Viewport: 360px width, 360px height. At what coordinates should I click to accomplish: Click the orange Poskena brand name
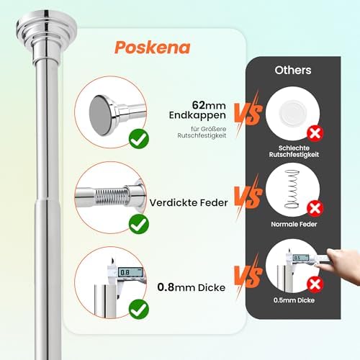pyautogui.click(x=153, y=48)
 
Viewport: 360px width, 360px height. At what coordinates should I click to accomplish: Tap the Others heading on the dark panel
pyautogui.click(x=293, y=70)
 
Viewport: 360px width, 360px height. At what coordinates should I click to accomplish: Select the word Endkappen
pyautogui.click(x=197, y=115)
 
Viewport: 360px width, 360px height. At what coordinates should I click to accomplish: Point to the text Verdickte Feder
pyautogui.click(x=189, y=203)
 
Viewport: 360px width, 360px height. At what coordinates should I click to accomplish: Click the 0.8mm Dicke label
pyautogui.click(x=192, y=287)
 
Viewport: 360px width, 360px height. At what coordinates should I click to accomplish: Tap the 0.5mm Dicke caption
pyautogui.click(x=294, y=300)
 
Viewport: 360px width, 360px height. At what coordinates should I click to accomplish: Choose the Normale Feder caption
pyautogui.click(x=294, y=224)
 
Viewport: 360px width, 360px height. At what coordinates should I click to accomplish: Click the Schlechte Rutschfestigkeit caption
pyautogui.click(x=294, y=151)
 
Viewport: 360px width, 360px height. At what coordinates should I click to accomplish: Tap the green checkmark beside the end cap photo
pyautogui.click(x=139, y=139)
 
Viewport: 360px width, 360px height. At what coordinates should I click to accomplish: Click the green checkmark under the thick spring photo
pyautogui.click(x=139, y=224)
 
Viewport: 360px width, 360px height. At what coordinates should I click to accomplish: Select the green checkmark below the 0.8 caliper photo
pyautogui.click(x=139, y=309)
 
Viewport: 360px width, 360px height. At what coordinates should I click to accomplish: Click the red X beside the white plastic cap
pyautogui.click(x=315, y=133)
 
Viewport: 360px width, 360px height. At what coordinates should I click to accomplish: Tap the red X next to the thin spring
pyautogui.click(x=315, y=209)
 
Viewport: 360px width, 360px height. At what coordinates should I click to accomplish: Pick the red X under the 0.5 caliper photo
pyautogui.click(x=315, y=284)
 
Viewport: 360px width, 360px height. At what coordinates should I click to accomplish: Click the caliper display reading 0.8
pyautogui.click(x=130, y=272)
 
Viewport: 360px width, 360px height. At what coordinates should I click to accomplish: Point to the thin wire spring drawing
pyautogui.click(x=292, y=189)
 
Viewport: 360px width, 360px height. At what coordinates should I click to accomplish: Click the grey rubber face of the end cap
pyautogui.click(x=100, y=114)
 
